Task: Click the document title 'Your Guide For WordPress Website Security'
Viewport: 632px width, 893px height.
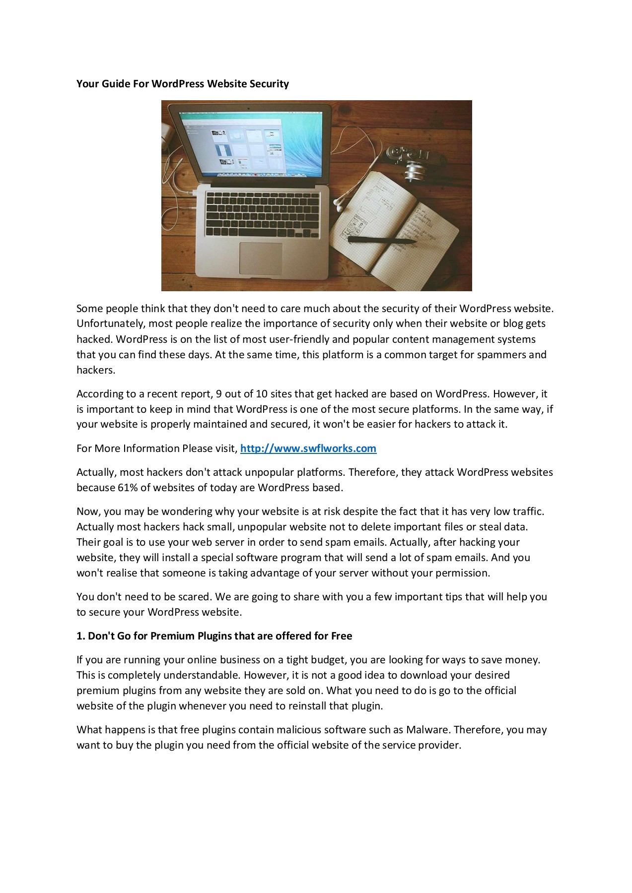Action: point(182,84)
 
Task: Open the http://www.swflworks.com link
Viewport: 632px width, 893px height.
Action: point(308,448)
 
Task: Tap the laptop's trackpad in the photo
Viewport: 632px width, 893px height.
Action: point(261,258)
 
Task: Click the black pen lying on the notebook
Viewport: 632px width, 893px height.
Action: point(381,240)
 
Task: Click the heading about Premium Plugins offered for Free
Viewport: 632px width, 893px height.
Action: point(214,636)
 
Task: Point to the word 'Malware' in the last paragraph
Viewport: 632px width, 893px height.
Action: point(427,730)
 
